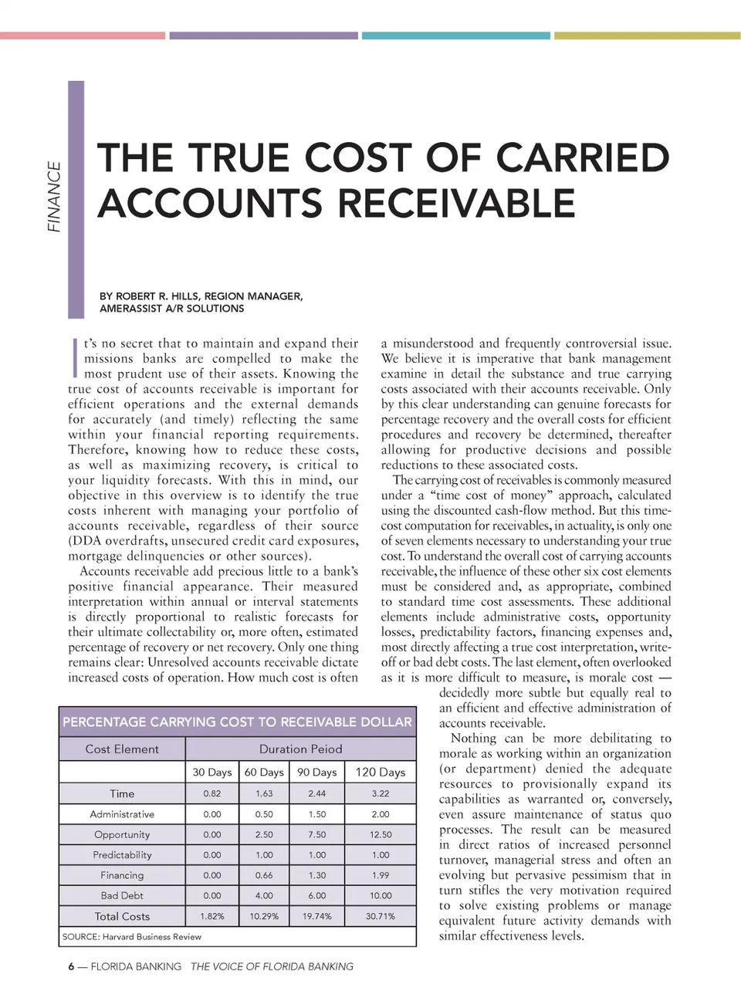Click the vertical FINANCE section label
[54, 197]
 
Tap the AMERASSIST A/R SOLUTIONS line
[171, 309]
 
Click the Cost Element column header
[122, 749]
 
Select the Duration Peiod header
[300, 749]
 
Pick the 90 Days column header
[316, 772]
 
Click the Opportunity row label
[122, 834]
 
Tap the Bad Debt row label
[122, 895]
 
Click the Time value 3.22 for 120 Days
[381, 793]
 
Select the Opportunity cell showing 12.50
[381, 834]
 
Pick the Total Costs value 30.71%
[381, 916]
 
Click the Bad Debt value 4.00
[264, 895]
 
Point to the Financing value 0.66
[264, 875]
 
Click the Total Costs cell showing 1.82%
[212, 916]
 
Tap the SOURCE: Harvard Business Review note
[131, 937]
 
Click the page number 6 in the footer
[71, 966]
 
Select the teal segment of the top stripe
[455, 36]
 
